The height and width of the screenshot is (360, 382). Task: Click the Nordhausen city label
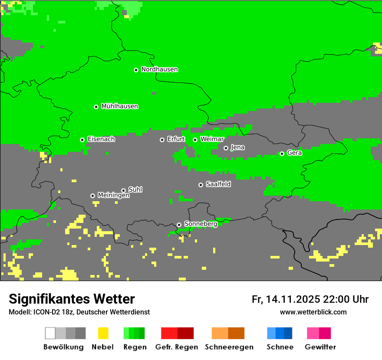tap(159, 69)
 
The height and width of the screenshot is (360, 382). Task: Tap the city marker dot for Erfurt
tap(162, 140)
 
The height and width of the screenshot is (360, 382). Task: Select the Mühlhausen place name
tap(119, 106)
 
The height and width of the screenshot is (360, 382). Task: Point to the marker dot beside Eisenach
tap(82, 140)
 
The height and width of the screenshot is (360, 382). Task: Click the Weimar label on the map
tap(212, 139)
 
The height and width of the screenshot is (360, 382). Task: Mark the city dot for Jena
tap(226, 148)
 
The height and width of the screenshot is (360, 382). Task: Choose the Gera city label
tap(294, 153)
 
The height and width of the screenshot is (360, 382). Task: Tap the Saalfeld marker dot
tap(201, 185)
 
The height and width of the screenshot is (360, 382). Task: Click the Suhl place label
tap(135, 190)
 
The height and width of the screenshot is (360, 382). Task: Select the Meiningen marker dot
tap(92, 196)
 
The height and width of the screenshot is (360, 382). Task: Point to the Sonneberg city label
tap(201, 224)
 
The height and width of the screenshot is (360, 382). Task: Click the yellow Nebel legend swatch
tap(103, 333)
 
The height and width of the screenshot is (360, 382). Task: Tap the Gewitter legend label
tap(320, 347)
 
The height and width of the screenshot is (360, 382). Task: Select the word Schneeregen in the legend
tap(229, 347)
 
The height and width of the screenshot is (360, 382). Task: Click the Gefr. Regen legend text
tap(177, 347)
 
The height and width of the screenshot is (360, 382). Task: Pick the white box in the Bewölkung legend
tap(50, 333)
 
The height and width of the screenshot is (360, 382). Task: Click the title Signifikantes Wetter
tap(72, 299)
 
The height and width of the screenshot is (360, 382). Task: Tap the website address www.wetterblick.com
tap(313, 312)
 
